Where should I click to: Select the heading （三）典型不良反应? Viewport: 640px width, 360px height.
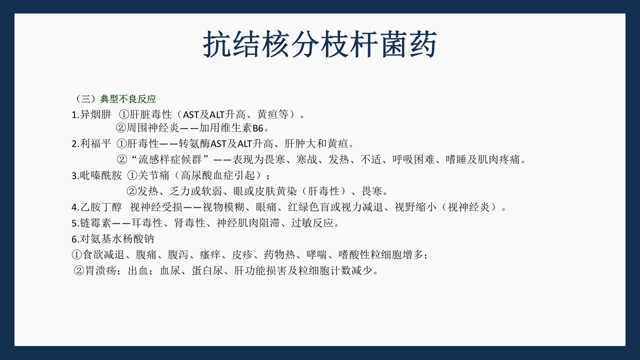(114, 99)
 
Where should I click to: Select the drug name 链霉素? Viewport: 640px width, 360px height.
(95, 223)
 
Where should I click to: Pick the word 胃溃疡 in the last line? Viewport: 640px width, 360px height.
(101, 271)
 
